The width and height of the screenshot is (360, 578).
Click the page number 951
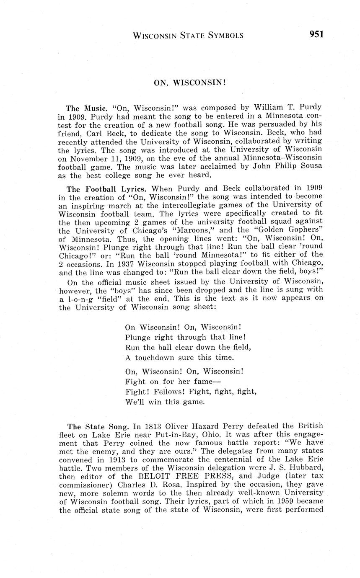[x=316, y=34]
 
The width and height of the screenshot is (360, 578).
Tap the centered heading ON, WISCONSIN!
[x=190, y=83]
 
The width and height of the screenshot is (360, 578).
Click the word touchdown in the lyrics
[x=158, y=357]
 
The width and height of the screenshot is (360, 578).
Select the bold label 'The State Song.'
[x=98, y=427]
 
